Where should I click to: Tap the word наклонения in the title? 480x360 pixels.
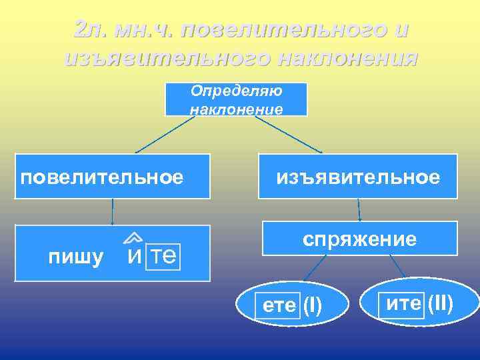point(344,58)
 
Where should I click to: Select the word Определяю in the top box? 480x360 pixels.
point(237,91)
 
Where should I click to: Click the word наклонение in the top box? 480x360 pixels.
point(237,108)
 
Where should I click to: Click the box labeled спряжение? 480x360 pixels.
point(359,239)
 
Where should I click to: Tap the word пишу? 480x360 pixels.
point(76,257)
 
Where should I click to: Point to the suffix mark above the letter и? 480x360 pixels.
point(133,237)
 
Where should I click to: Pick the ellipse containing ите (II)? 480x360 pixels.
point(419,304)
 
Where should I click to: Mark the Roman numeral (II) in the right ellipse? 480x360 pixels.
point(441,304)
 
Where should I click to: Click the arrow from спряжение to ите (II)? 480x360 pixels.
point(397,267)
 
